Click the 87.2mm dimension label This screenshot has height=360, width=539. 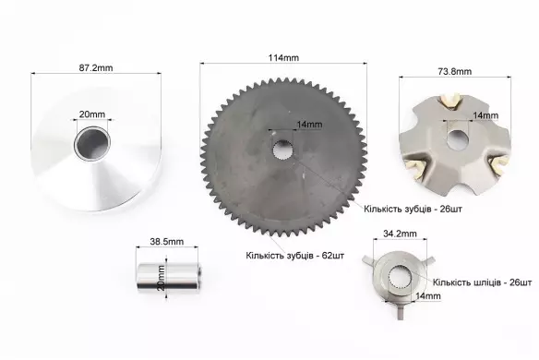pyautogui.click(x=96, y=67)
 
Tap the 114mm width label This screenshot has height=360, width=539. pyautogui.click(x=283, y=58)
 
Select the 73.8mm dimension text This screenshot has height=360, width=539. pyautogui.click(x=455, y=71)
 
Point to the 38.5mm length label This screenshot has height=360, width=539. pyautogui.click(x=167, y=241)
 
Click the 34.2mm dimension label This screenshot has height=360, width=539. pyautogui.click(x=400, y=234)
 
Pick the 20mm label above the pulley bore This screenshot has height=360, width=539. pyautogui.click(x=92, y=114)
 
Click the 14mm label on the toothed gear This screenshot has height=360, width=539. pyautogui.click(x=309, y=124)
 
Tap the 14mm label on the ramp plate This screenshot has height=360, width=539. pyautogui.click(x=485, y=115)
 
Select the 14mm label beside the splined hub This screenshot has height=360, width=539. pyautogui.click(x=428, y=295)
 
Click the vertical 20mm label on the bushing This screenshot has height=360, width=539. pyautogui.click(x=161, y=278)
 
